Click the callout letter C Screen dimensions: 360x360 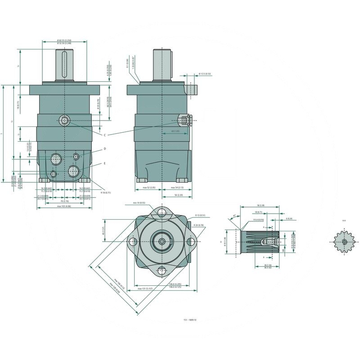click(104, 135)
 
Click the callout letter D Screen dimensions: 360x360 click(104, 148)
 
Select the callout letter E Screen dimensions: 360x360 click(104, 163)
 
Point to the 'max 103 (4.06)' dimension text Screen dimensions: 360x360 click(63, 206)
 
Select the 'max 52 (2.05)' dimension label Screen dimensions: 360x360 click(148, 187)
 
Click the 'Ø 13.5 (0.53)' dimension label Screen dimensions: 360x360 click(205, 74)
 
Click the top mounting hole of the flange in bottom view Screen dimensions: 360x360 click(162, 212)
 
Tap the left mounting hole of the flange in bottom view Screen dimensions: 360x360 click(133, 242)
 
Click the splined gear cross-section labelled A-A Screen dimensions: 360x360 click(344, 242)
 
